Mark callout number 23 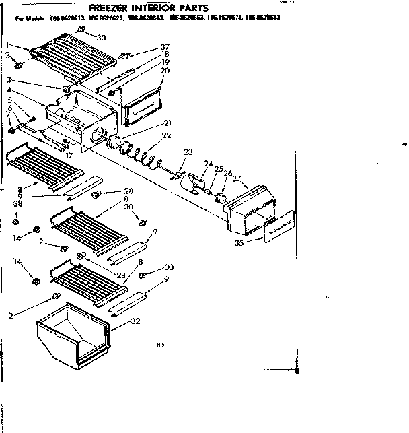[x=188, y=152]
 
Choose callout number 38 [x=17, y=203]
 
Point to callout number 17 [x=69, y=154]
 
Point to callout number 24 [x=209, y=162]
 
